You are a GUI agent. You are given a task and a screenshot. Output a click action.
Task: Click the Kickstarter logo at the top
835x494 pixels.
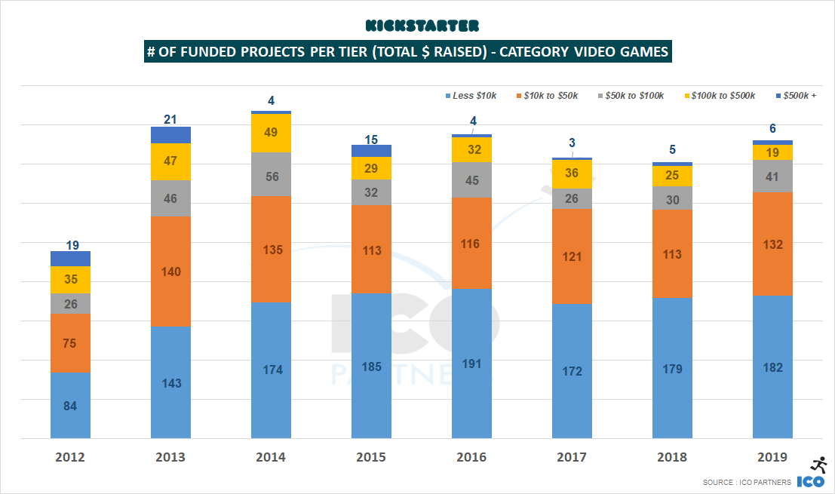click(422, 26)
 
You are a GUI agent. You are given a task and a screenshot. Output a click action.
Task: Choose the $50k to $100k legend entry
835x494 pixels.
click(631, 96)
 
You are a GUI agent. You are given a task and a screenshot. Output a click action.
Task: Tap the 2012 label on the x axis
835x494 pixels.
click(70, 457)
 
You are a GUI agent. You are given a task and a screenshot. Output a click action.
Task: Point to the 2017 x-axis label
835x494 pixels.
click(572, 457)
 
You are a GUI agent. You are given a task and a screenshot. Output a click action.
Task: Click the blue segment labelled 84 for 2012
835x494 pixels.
click(70, 405)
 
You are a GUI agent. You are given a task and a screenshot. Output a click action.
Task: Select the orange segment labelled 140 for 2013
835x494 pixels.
click(170, 272)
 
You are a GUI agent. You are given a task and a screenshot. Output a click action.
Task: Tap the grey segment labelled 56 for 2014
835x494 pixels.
click(271, 174)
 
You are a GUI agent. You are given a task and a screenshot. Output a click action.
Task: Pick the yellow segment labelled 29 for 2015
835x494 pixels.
click(371, 168)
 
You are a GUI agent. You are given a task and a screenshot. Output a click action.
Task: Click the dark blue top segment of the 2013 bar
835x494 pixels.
click(170, 135)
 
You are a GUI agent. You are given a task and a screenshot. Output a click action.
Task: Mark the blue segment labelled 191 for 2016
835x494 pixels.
click(471, 364)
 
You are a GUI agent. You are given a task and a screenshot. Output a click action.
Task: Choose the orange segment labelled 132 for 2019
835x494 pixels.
click(772, 244)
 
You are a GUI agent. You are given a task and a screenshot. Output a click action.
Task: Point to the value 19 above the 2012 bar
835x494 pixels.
click(72, 244)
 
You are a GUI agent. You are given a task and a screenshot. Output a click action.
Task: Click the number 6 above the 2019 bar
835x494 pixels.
click(773, 129)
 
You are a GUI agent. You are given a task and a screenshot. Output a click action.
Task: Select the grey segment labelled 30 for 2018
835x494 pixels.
click(672, 198)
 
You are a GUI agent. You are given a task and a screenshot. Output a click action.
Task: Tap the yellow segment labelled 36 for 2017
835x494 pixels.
click(572, 174)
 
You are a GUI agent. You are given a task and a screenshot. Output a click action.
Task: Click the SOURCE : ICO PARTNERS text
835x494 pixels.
click(746, 483)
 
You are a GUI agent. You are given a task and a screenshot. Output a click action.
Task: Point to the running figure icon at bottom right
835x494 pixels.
click(816, 465)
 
